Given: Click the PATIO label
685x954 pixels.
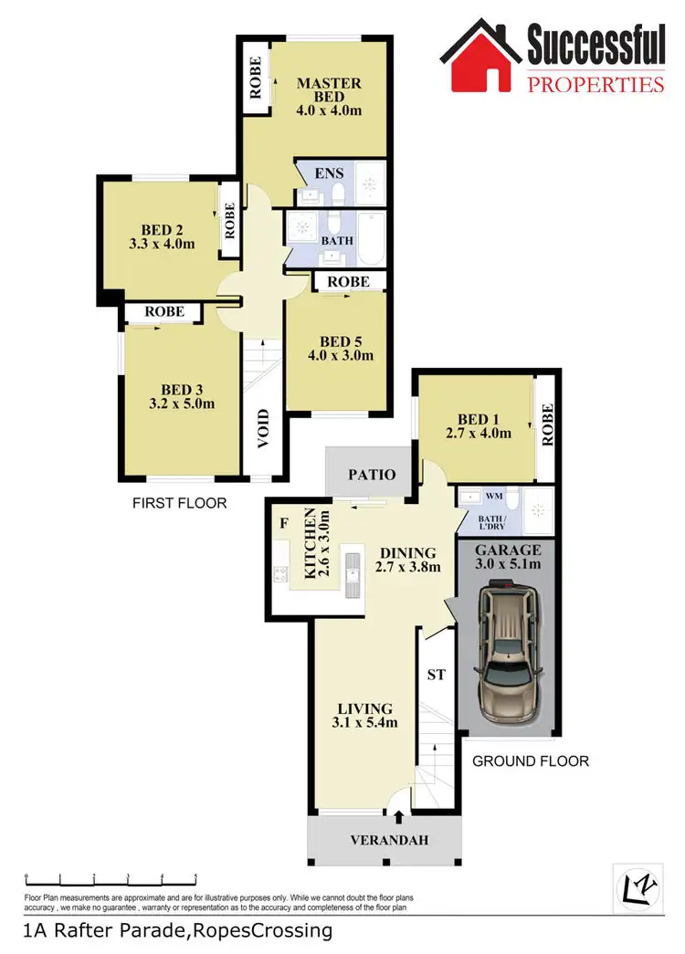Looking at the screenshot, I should tap(371, 475).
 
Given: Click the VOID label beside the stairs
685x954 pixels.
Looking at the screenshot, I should tap(264, 436).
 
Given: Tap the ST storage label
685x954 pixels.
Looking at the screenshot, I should tap(436, 676).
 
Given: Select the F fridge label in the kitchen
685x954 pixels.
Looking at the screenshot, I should tap(284, 524).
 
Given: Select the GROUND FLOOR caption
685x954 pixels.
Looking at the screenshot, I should tap(531, 760).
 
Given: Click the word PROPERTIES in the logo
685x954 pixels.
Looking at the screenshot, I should tap(595, 85).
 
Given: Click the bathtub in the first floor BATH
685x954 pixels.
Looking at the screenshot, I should tap(371, 238).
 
